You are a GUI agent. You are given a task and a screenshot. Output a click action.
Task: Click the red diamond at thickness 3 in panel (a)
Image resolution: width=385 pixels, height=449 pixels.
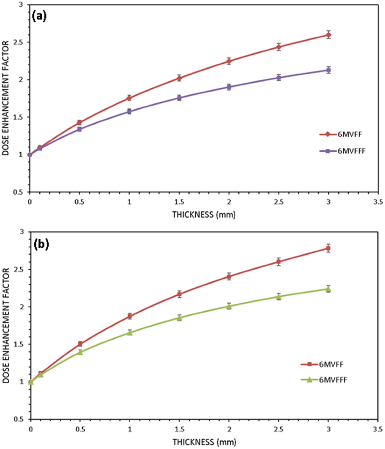pyautogui.click(x=328, y=35)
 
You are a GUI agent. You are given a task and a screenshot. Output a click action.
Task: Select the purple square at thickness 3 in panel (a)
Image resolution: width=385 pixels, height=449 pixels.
pyautogui.click(x=328, y=70)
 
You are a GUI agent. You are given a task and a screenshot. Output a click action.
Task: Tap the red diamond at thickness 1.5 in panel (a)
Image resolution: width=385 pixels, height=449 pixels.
pyautogui.click(x=179, y=78)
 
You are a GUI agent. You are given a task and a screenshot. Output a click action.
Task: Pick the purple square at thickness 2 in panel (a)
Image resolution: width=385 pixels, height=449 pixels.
pyautogui.click(x=229, y=87)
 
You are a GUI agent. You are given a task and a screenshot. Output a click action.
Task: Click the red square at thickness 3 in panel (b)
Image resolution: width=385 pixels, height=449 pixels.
pyautogui.click(x=328, y=248)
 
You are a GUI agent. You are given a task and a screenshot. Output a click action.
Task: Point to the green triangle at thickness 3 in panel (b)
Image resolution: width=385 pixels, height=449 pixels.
pyautogui.click(x=328, y=289)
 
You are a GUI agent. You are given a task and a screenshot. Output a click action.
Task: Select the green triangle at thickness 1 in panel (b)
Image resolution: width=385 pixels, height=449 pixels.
pyautogui.click(x=130, y=332)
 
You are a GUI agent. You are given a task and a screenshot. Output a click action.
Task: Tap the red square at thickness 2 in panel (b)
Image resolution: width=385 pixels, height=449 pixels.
pyautogui.click(x=229, y=277)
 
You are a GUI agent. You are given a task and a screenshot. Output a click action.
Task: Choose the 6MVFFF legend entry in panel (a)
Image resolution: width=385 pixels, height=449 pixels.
pyautogui.click(x=342, y=151)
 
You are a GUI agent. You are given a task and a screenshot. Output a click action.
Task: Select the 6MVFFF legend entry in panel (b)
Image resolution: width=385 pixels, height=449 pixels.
pyautogui.click(x=324, y=380)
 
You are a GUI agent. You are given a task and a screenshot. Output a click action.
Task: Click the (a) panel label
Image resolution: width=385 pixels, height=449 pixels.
pyautogui.click(x=39, y=16)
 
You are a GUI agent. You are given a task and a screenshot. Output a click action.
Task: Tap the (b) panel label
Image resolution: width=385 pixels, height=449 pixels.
pyautogui.click(x=41, y=244)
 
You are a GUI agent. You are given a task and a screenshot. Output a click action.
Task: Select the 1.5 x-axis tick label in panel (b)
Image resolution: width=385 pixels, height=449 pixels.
pyautogui.click(x=179, y=429)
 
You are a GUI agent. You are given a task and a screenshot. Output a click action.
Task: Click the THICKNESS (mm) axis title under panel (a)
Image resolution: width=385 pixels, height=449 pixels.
pyautogui.click(x=204, y=215)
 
